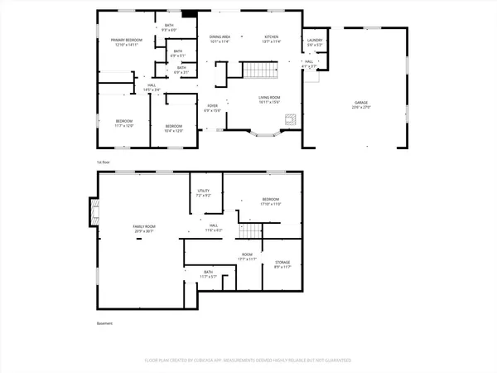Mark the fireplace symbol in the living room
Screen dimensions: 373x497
point(290,119)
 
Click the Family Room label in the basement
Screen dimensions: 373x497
point(145,228)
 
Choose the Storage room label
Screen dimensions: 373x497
point(282,264)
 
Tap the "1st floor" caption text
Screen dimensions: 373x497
point(104,162)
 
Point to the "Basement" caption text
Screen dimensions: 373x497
point(104,323)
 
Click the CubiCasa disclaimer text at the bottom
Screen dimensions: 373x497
point(248,361)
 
